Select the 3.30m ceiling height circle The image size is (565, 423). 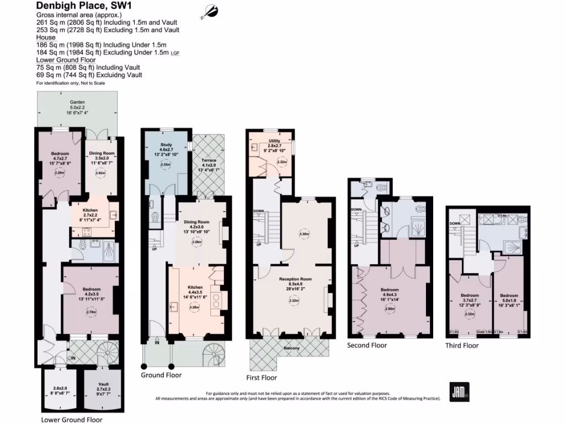303,234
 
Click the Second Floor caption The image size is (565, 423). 367,345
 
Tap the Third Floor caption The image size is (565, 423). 462,345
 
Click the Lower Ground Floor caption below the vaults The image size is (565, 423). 71,419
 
